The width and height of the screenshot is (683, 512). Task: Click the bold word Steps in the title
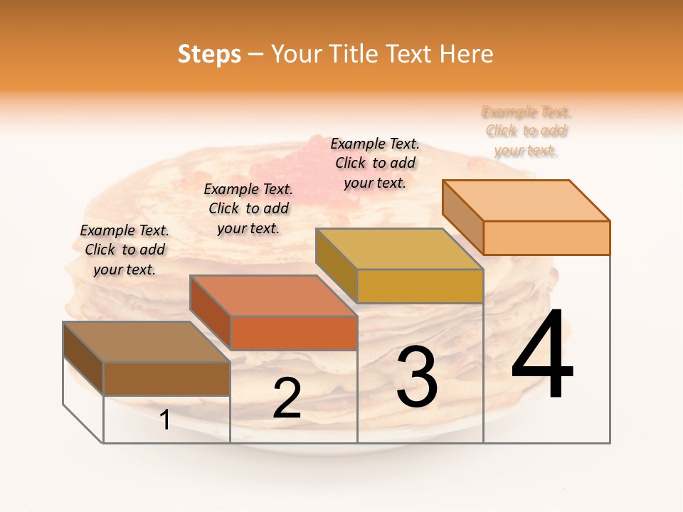point(209,54)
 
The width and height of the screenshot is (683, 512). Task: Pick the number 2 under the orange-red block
point(287,398)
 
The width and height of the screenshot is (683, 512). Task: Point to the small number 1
point(165,420)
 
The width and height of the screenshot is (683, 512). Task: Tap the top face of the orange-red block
point(272,295)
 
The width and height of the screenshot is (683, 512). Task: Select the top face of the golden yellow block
point(399,249)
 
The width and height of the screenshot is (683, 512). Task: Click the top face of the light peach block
point(526,200)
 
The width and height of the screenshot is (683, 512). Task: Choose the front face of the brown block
point(166,378)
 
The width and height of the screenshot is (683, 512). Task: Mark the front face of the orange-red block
point(293,333)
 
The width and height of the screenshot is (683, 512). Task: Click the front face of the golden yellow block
point(420,286)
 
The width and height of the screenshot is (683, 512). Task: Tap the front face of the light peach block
point(546,238)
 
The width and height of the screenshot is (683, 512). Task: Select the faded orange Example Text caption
point(526,131)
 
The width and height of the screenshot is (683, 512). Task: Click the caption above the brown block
point(125,250)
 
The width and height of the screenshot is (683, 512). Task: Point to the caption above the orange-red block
point(248,208)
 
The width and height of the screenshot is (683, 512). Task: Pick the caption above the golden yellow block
point(375,163)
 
